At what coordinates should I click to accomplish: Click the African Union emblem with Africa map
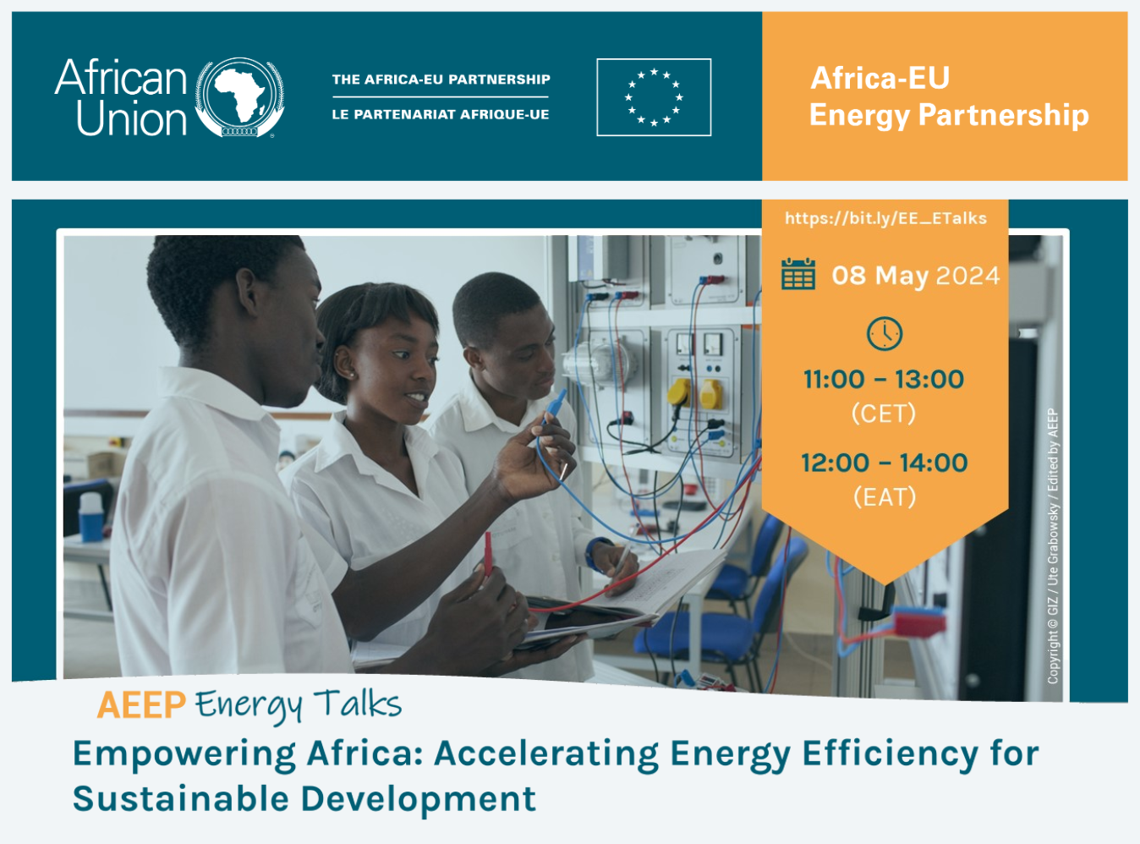click(239, 97)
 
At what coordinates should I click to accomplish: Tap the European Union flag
click(654, 97)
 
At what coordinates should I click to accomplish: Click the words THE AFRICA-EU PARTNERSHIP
click(441, 79)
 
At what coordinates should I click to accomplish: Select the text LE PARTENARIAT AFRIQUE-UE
click(441, 114)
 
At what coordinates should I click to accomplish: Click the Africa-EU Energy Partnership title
click(949, 96)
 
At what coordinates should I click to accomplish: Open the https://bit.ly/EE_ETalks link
click(885, 218)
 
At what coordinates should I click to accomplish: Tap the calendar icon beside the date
click(798, 274)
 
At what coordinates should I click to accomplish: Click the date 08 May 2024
click(916, 276)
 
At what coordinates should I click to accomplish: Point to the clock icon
click(884, 334)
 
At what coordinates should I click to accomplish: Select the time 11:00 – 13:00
click(884, 380)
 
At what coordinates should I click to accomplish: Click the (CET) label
click(884, 414)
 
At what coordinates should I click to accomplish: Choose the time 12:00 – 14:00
click(884, 463)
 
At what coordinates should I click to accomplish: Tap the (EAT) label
click(885, 497)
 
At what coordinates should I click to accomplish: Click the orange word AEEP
click(141, 704)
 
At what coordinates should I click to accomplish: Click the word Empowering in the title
click(184, 755)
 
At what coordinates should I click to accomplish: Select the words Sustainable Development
click(304, 799)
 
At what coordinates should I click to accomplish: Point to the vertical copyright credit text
click(1053, 545)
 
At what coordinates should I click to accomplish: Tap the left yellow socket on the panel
click(679, 393)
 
